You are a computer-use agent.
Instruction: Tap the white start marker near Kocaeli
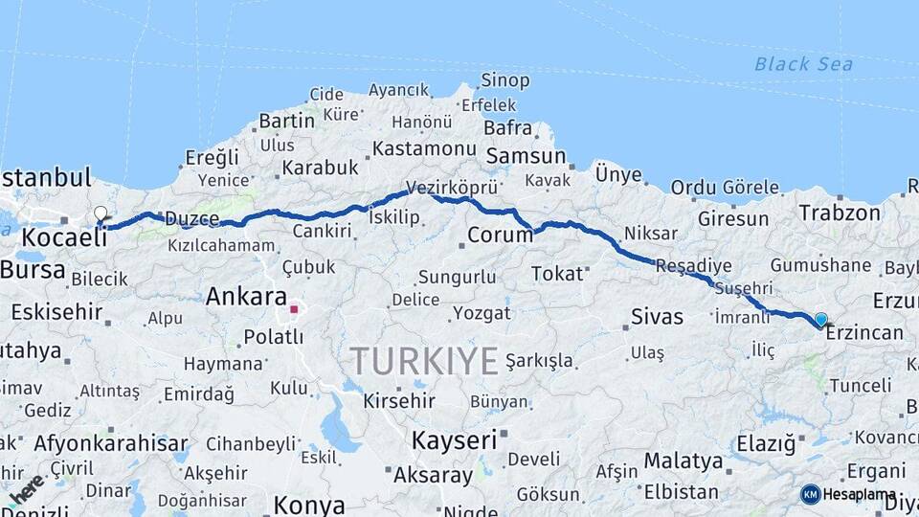[x=101, y=214]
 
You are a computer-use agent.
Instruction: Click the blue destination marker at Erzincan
[x=820, y=320]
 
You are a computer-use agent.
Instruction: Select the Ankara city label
[x=246, y=297]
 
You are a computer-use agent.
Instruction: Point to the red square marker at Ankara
[x=294, y=309]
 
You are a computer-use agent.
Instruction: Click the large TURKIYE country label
[x=423, y=362]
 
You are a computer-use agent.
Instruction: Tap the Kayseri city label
[x=454, y=440]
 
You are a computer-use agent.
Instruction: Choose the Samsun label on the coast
[x=526, y=156]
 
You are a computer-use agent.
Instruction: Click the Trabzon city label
[x=840, y=214]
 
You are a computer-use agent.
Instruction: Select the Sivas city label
[x=658, y=317]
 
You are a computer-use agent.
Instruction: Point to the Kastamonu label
[x=424, y=149]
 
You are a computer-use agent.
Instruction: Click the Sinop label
[x=504, y=81]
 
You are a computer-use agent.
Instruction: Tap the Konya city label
[x=308, y=504]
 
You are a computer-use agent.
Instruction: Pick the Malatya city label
[x=683, y=461]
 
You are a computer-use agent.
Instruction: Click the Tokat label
[x=557, y=274]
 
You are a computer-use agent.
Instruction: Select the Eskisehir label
[x=56, y=311]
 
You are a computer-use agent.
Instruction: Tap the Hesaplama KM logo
[x=848, y=494]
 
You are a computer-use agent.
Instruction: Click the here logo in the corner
[x=26, y=488]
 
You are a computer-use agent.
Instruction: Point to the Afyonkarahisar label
[x=111, y=443]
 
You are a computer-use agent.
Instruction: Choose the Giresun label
[x=732, y=219]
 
